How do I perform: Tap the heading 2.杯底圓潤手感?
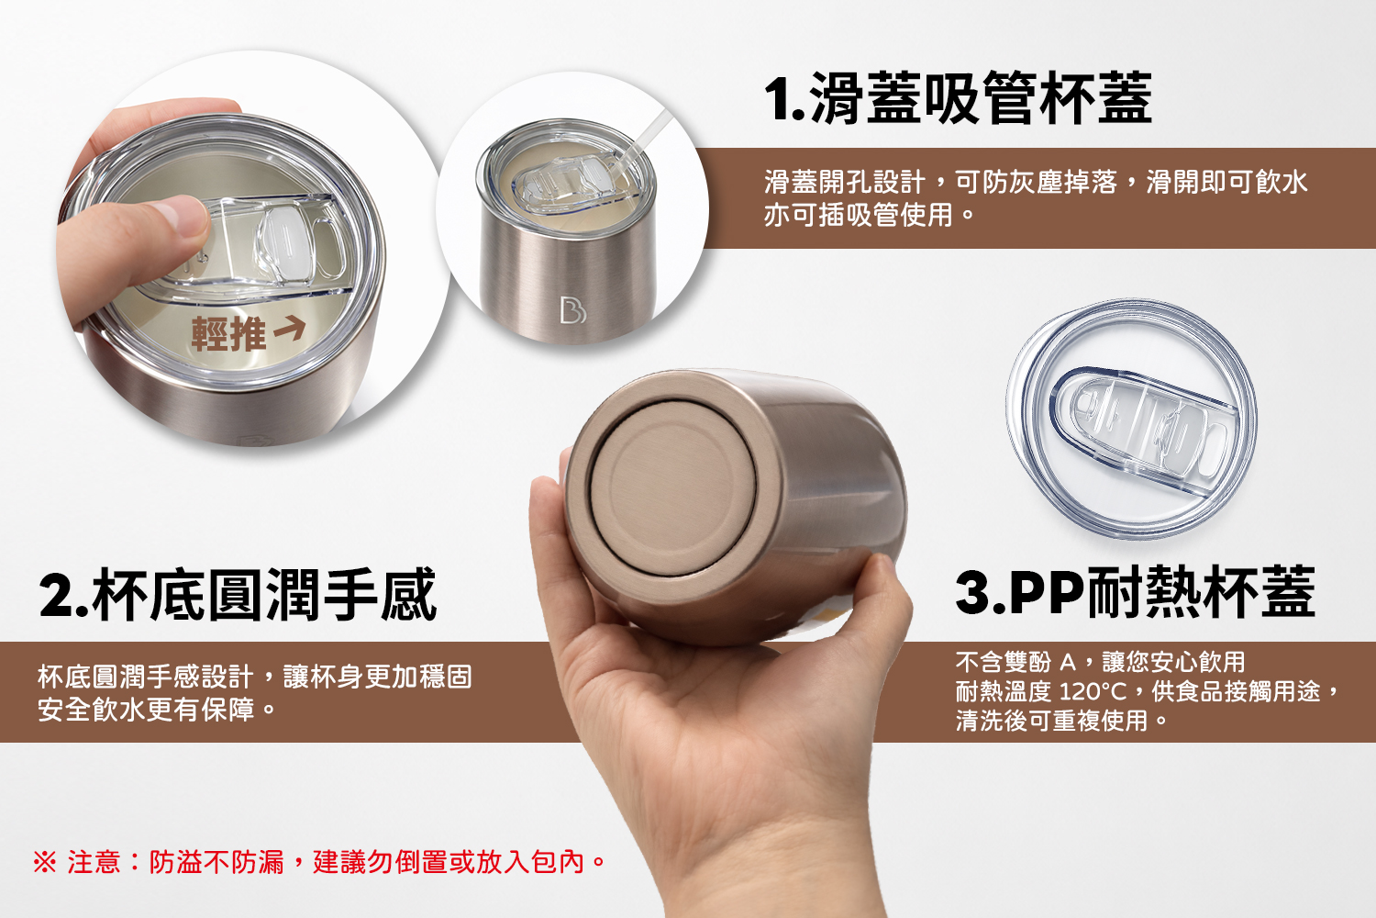[238, 594]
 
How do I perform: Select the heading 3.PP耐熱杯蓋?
[1136, 591]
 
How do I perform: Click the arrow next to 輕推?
[289, 329]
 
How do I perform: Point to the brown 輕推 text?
[228, 334]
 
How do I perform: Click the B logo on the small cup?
[572, 310]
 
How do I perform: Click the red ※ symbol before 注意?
[44, 861]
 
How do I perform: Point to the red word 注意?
[94, 861]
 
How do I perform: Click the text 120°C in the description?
[1093, 692]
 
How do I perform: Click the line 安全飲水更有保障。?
[157, 710]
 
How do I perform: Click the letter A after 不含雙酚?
[1068, 662]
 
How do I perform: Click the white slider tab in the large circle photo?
[283, 243]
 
